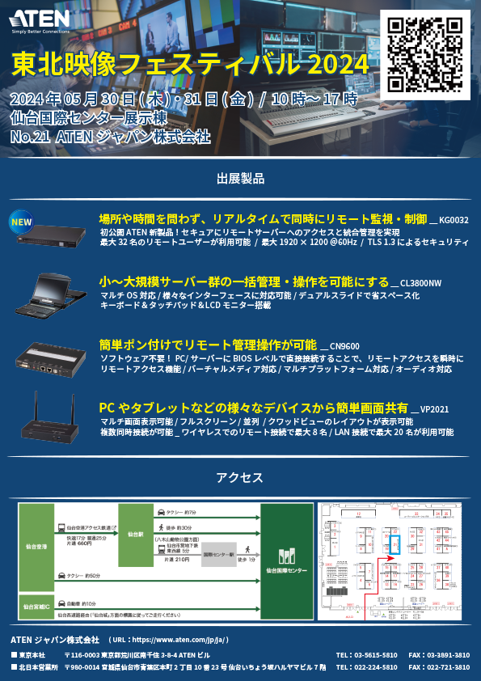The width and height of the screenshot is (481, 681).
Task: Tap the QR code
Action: (x=428, y=54)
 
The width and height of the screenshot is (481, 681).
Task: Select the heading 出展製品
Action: (x=240, y=178)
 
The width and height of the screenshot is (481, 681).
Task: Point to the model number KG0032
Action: (x=454, y=220)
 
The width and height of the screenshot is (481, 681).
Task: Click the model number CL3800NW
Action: (x=421, y=283)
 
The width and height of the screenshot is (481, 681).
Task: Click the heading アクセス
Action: (x=240, y=478)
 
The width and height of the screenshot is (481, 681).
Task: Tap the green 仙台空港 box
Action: (x=38, y=547)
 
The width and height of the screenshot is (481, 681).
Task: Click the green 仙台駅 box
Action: (x=135, y=533)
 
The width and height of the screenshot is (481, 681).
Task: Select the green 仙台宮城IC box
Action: (x=38, y=605)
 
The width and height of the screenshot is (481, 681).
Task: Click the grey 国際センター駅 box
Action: (x=219, y=556)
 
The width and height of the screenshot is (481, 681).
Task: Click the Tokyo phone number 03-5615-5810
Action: (x=375, y=654)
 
